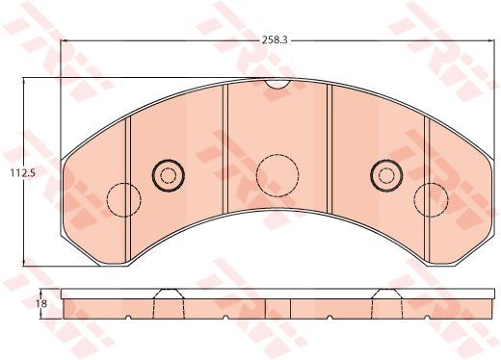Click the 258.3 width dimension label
[275, 40]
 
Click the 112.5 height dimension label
[22, 173]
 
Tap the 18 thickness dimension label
[42, 303]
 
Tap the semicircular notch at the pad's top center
[277, 85]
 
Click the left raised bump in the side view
[169, 294]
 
